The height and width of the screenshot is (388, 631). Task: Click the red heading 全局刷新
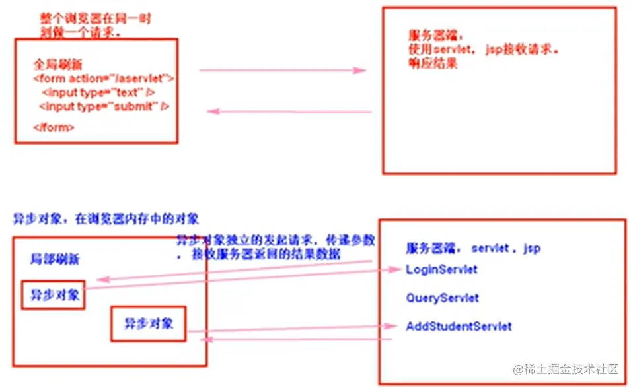pyautogui.click(x=58, y=65)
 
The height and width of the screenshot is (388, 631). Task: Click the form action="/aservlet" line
pyautogui.click(x=103, y=79)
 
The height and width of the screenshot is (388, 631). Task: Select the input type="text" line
pyautogui.click(x=98, y=92)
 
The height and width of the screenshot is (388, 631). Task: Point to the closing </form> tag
pyautogui.click(x=54, y=127)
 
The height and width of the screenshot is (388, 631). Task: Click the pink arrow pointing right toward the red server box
pyautogui.click(x=283, y=70)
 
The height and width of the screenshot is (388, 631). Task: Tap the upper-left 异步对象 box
pyautogui.click(x=54, y=296)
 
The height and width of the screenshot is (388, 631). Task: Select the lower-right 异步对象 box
pyautogui.click(x=149, y=323)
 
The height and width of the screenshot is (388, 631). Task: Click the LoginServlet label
pyautogui.click(x=441, y=269)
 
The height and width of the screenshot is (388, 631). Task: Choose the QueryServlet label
pyautogui.click(x=443, y=298)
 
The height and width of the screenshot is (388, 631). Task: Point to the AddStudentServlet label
pyautogui.click(x=459, y=326)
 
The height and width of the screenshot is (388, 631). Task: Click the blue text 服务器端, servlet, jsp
pyautogui.click(x=473, y=248)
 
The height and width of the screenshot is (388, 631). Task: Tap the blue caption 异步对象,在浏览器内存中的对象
pyautogui.click(x=106, y=218)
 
